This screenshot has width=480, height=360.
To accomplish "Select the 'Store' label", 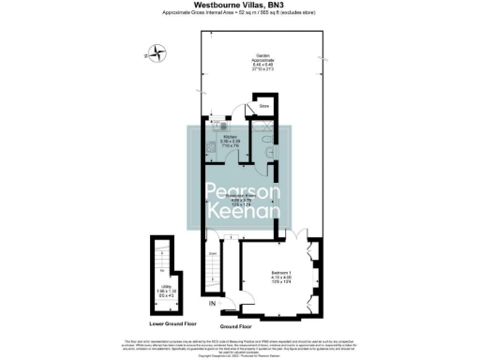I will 264,107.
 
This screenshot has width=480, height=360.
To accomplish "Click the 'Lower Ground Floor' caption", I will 168,321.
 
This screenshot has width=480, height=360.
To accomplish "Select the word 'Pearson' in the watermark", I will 241,193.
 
